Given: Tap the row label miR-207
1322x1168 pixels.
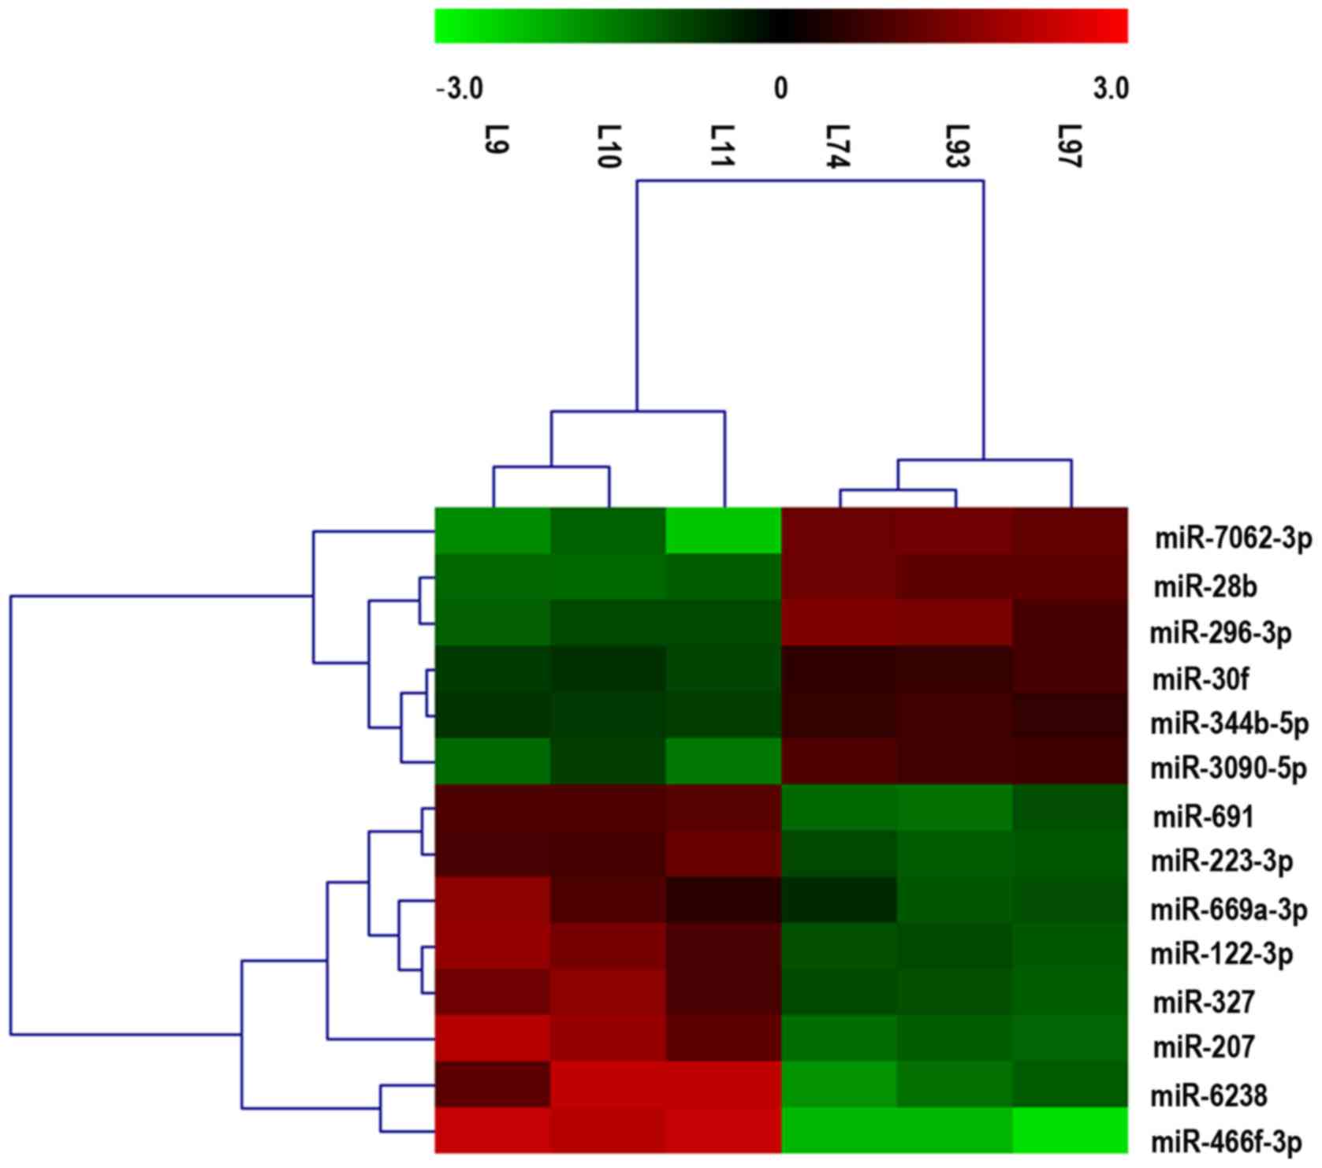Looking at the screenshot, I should click(1203, 1047).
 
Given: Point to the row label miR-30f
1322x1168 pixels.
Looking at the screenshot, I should click(1201, 679).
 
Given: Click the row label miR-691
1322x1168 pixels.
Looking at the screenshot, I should click(1203, 817).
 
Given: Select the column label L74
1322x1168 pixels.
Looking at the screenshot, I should click(838, 147).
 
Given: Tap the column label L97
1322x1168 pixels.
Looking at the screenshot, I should click(1070, 147).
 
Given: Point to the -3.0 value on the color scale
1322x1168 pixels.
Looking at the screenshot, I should click(460, 89).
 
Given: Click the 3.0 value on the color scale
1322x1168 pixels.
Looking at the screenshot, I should click(1110, 89).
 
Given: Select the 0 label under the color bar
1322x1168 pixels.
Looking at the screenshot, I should click(780, 89).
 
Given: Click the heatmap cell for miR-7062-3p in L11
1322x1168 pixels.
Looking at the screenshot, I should click(723, 531).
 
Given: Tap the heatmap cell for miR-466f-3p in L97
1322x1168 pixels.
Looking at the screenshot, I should click(1070, 1130).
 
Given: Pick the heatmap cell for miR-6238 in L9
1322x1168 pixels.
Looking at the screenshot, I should click(493, 1084).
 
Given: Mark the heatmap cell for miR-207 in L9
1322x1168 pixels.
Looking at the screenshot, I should click(493, 1038).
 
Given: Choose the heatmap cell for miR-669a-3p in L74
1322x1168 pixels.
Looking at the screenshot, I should click(838, 899).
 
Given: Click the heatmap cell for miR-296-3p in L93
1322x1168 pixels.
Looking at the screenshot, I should click(954, 623).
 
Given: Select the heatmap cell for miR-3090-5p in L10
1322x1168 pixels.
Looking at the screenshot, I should click(608, 761).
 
